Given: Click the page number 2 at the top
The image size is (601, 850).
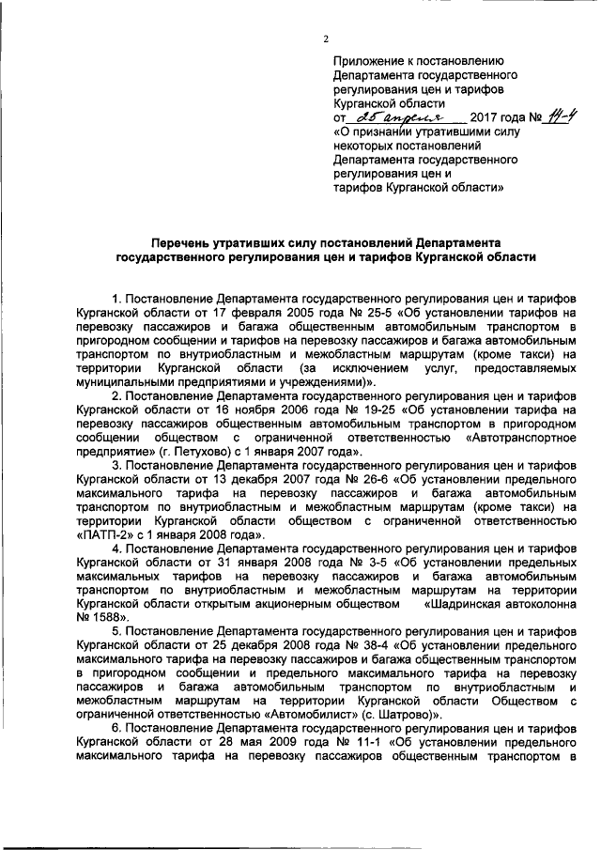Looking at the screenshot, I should [x=326, y=39].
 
